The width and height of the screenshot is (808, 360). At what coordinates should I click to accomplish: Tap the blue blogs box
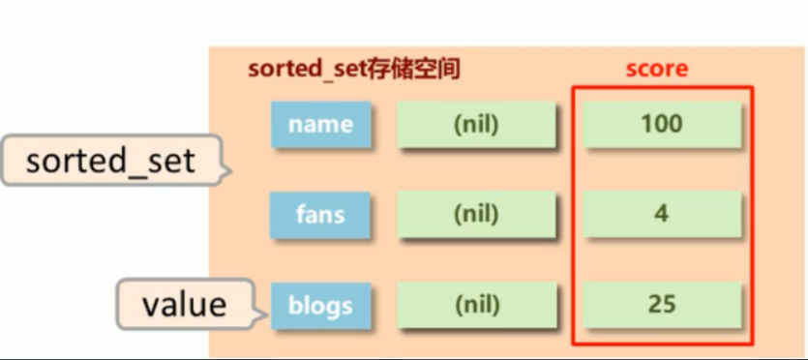[x=320, y=307]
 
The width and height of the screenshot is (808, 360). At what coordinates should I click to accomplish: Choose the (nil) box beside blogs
[x=476, y=307]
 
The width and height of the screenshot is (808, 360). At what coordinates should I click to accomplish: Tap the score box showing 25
[x=661, y=307]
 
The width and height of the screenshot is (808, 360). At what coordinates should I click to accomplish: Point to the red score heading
[x=656, y=69]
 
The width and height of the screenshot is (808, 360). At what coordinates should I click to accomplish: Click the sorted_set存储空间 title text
[x=353, y=70]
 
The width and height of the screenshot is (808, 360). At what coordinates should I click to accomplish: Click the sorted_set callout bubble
[x=110, y=161]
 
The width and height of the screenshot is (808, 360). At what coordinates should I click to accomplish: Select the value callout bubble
[x=184, y=305]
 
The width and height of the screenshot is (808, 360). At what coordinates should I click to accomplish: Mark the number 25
[x=661, y=306]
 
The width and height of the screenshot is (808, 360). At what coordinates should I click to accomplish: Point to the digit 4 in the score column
[x=661, y=214]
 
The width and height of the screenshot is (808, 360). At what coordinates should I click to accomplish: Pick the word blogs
[x=320, y=307]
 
